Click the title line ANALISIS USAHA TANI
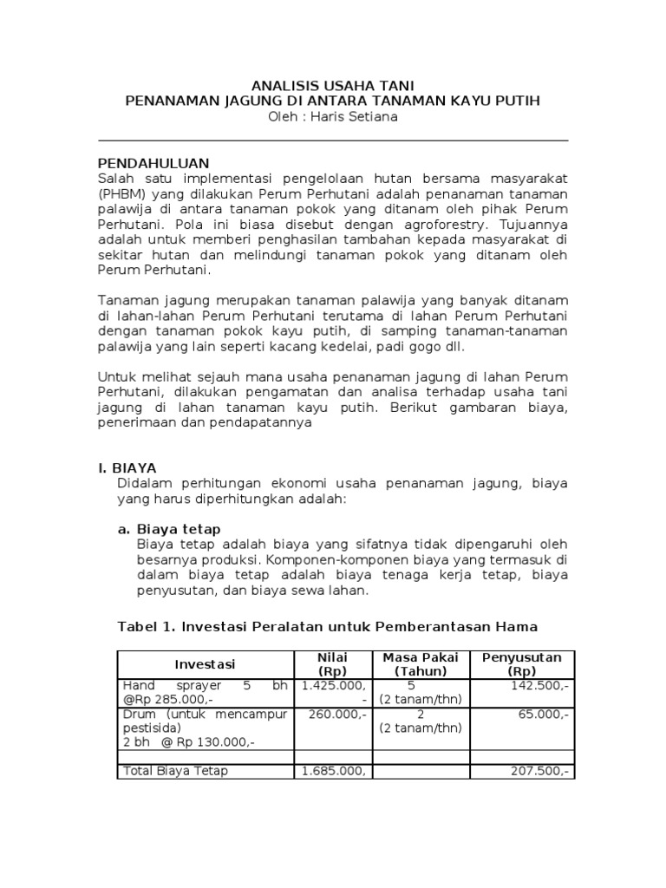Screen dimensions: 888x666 (x=333, y=85)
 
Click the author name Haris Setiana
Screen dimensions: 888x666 (x=359, y=117)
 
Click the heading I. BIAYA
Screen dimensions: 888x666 (x=127, y=467)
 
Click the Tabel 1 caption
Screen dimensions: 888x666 (x=327, y=626)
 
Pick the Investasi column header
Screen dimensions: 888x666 (x=206, y=664)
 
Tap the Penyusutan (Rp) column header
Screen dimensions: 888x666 (x=522, y=664)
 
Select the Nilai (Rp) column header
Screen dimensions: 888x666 (x=332, y=664)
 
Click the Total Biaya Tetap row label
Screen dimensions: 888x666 (x=176, y=770)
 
